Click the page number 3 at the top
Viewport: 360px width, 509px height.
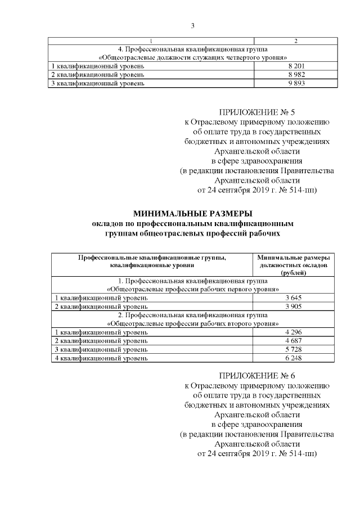(192, 25)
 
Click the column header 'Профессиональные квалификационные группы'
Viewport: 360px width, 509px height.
(152, 256)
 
